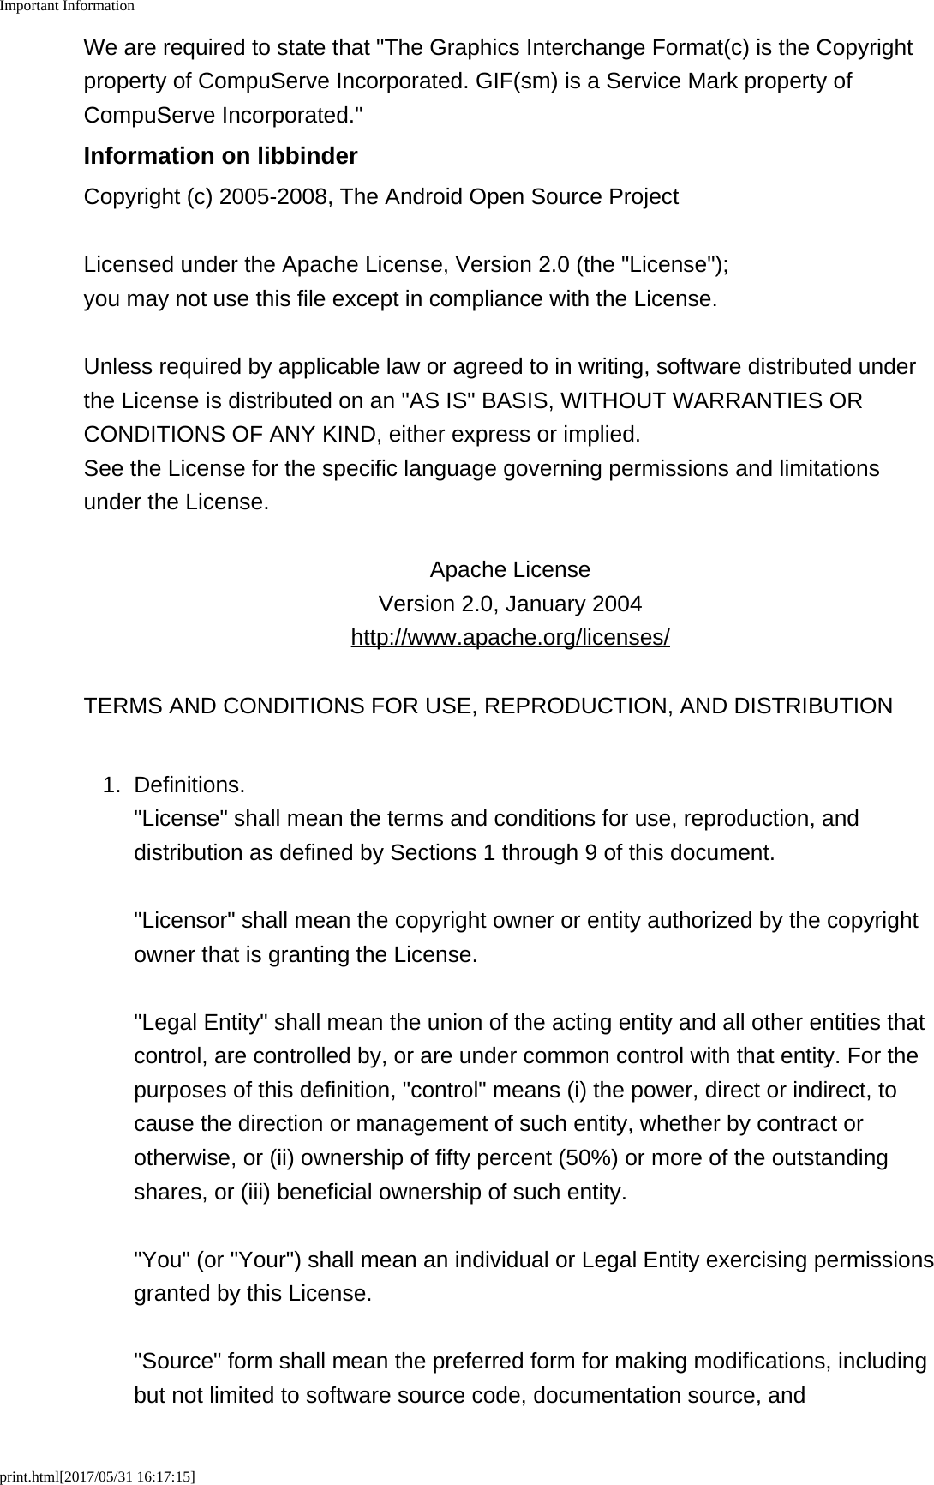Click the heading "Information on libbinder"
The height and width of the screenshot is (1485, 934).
pos(220,156)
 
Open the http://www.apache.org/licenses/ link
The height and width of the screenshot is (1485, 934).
pos(510,638)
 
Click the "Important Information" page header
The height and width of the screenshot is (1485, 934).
pos(67,6)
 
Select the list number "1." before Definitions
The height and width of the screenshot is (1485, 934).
pos(111,785)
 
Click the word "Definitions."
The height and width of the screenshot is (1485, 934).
pos(189,785)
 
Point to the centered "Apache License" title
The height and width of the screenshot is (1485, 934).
pos(510,570)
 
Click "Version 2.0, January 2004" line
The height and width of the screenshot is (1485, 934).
pos(510,604)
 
